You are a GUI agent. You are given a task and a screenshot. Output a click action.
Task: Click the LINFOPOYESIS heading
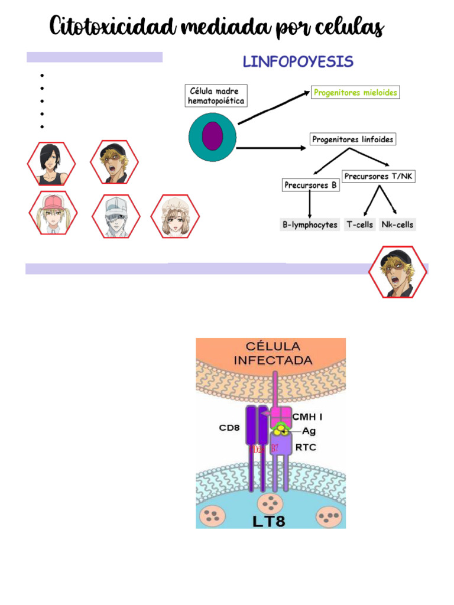point(299,61)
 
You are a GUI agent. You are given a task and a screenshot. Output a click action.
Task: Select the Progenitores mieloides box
point(355,93)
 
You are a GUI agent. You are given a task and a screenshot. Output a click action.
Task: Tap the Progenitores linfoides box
point(353,139)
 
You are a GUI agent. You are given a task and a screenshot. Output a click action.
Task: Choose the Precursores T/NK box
point(378,176)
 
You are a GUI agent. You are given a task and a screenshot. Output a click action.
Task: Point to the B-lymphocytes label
point(310,225)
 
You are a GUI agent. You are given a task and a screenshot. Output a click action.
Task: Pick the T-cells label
point(359,225)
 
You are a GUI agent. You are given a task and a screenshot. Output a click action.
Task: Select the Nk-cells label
point(398,225)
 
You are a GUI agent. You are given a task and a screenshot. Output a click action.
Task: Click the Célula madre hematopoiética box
point(216,96)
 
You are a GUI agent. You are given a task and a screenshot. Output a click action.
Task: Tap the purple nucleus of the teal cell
point(212,136)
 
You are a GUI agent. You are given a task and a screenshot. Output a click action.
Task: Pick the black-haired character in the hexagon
point(51,164)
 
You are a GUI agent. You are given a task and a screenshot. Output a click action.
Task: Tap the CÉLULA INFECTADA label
point(273,353)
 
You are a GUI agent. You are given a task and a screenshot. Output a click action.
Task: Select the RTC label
point(305,447)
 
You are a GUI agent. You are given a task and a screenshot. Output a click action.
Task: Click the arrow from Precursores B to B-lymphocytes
point(310,204)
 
